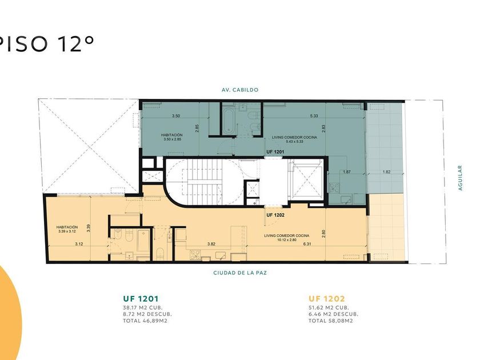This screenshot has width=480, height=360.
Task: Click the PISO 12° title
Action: tap(46, 43)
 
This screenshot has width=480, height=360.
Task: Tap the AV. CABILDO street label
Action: tap(240, 90)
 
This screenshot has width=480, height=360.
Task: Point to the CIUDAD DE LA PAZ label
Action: tap(240, 273)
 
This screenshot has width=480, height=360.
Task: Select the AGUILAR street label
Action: tap(460, 178)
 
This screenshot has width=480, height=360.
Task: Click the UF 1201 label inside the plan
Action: tap(275, 152)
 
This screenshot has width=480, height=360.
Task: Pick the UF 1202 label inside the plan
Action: tap(275, 215)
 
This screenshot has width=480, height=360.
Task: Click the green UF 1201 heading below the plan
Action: tap(141, 298)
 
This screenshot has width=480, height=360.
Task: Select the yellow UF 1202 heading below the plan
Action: tap(327, 298)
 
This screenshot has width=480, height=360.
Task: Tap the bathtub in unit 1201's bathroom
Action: tap(229, 122)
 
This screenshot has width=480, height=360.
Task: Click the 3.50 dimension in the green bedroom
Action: tap(176, 115)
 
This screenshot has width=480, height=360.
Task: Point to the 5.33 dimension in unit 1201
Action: tap(314, 115)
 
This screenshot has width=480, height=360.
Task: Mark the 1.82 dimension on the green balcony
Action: tap(387, 172)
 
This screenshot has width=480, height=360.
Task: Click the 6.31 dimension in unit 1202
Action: tap(307, 244)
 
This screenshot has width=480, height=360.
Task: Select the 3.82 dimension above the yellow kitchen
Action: tap(211, 244)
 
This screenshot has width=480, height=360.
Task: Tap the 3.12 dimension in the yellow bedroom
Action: tap(79, 244)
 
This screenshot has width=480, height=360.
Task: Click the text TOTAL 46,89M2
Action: tap(145, 321)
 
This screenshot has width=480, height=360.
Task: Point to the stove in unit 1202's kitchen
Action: tap(195, 255)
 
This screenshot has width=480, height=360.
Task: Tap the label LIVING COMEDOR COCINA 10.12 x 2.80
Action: tap(286, 238)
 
